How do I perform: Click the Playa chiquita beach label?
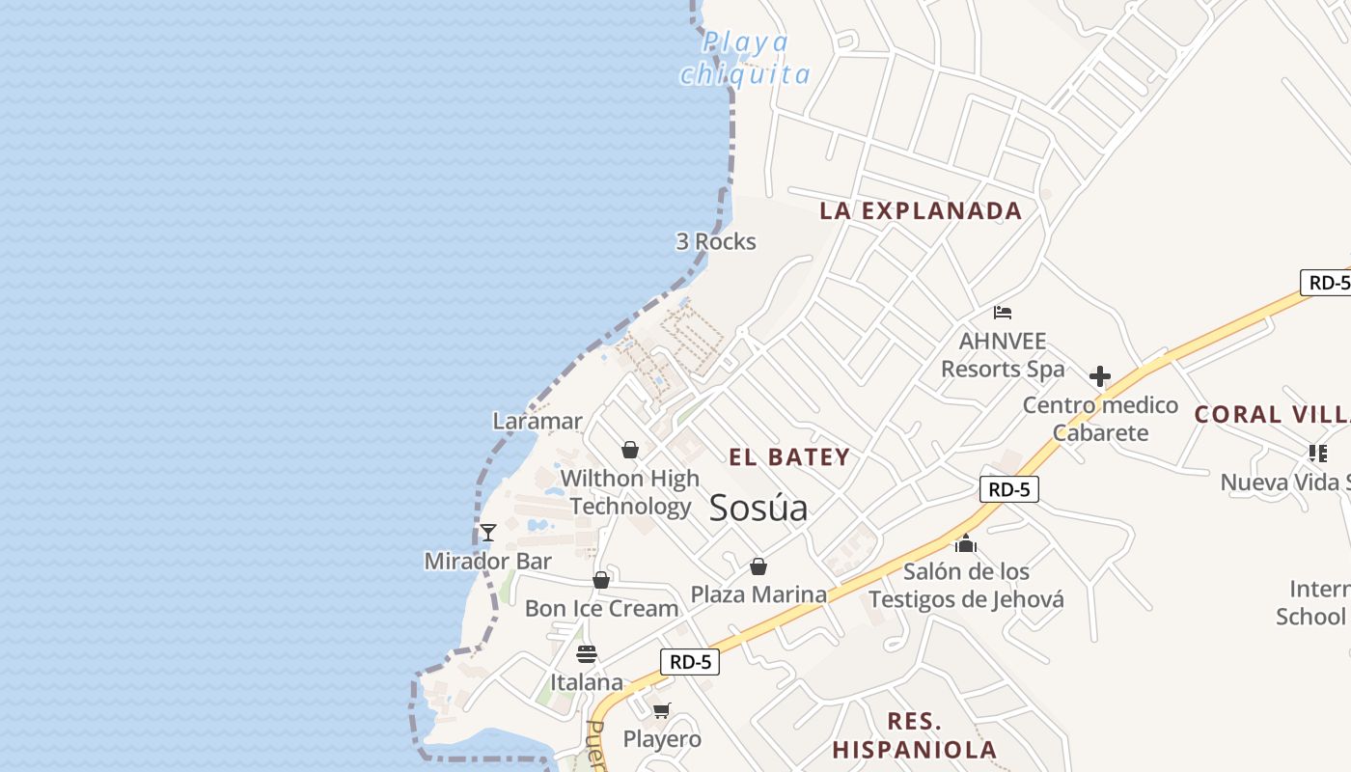[744, 58]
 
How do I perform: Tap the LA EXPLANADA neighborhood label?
[921, 211]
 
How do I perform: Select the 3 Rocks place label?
[716, 241]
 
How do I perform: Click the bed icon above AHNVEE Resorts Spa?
[1003, 313]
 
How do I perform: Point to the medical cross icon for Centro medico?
[1099, 376]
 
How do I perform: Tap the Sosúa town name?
[758, 509]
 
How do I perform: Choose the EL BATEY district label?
[789, 457]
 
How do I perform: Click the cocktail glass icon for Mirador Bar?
[488, 533]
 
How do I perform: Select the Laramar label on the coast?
[538, 421]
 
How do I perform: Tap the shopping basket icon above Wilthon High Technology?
[630, 450]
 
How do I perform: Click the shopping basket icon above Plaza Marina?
[758, 566]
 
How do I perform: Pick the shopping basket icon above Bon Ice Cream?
[601, 580]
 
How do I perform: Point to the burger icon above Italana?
[586, 654]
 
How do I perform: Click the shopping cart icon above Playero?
[661, 711]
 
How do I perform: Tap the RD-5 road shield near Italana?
[690, 662]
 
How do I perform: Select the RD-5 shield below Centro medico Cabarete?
[1009, 489]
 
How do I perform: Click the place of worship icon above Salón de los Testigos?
[966, 544]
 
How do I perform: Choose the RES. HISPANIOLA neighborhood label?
[914, 735]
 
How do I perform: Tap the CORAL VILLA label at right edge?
[1272, 415]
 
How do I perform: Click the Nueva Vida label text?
[1283, 482]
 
